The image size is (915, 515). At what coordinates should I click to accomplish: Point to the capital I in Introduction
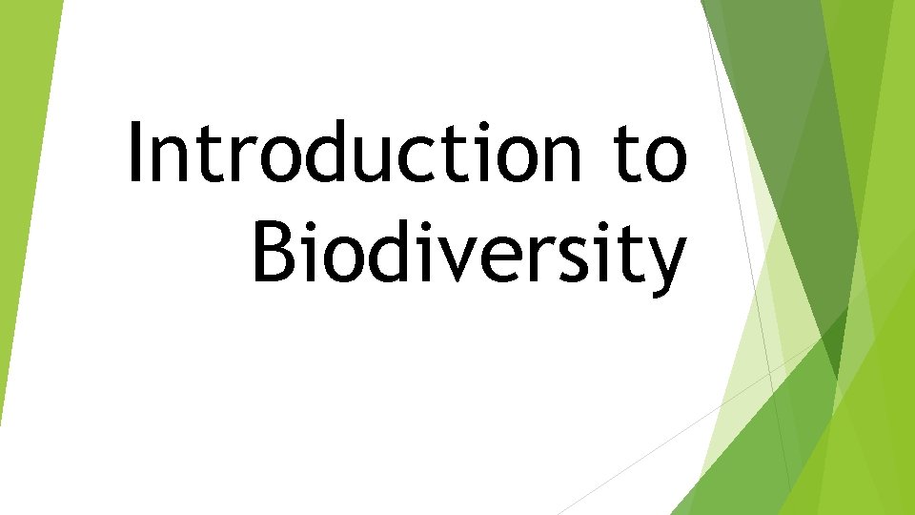(x=134, y=153)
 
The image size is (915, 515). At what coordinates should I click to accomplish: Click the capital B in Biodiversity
(x=275, y=252)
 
